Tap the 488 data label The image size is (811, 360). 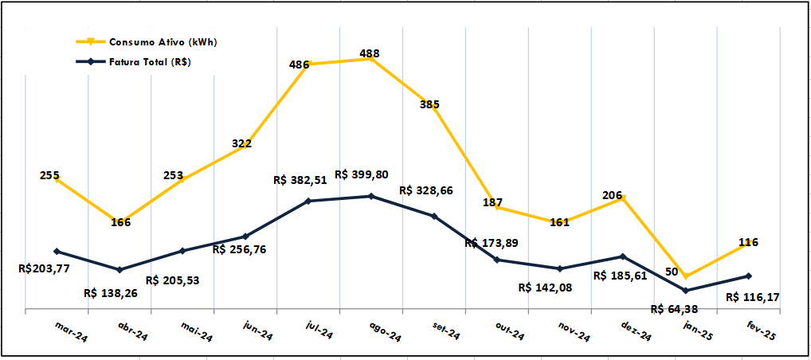pyautogui.click(x=370, y=54)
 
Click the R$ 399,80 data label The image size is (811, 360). pyautogui.click(x=362, y=174)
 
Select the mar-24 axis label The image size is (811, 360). pyautogui.click(x=71, y=331)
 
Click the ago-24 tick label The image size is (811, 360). pyautogui.click(x=384, y=332)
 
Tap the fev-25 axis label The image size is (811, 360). pyautogui.click(x=760, y=331)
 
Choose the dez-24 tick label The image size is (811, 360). pyautogui.click(x=635, y=332)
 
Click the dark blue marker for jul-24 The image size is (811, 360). pyautogui.click(x=308, y=201)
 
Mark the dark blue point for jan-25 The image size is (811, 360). pyautogui.click(x=685, y=290)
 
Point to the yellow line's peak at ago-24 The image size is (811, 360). pyautogui.click(x=371, y=59)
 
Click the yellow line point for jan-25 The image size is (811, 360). pyautogui.click(x=685, y=276)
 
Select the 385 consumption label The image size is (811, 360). pyautogui.click(x=429, y=104)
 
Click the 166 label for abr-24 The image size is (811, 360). pyautogui.click(x=121, y=222)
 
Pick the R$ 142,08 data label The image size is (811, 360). pyautogui.click(x=546, y=287)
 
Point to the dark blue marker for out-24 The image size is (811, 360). pyautogui.click(x=497, y=260)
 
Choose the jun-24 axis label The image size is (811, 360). pyautogui.click(x=257, y=332)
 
